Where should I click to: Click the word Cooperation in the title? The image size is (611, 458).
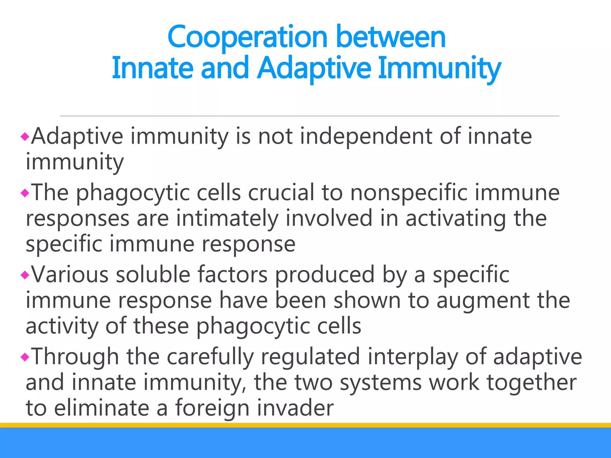pos(247,38)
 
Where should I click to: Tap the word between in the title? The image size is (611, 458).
pos(391,37)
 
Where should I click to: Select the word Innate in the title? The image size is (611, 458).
pos(152,68)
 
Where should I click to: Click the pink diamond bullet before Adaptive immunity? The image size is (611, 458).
pos(25,137)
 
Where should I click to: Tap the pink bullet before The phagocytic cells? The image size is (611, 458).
pos(25,193)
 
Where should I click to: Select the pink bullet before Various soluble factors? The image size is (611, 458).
pos(25,275)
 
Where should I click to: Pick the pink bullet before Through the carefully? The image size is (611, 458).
pos(25,357)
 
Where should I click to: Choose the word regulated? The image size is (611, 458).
pos(310,357)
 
